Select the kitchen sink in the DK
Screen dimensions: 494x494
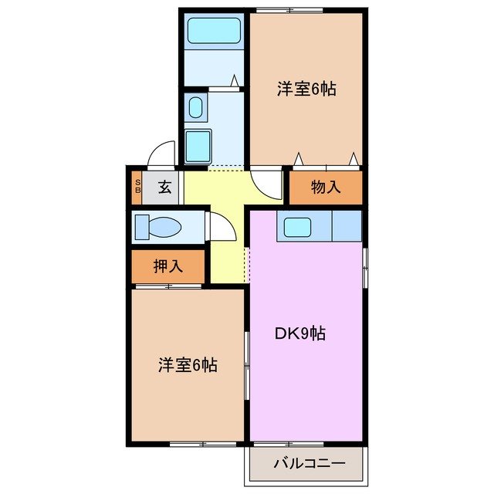pos(296,227)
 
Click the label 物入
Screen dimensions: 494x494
pos(326,187)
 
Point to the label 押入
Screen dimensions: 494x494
pos(168,266)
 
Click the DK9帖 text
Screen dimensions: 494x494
pos(300,333)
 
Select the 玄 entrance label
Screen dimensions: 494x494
pos(164,187)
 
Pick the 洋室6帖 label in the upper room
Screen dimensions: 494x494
pos(306,89)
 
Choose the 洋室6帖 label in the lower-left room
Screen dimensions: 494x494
pos(188,364)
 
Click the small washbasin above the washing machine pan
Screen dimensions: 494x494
pos(196,107)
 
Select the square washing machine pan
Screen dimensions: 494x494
pos(199,144)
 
